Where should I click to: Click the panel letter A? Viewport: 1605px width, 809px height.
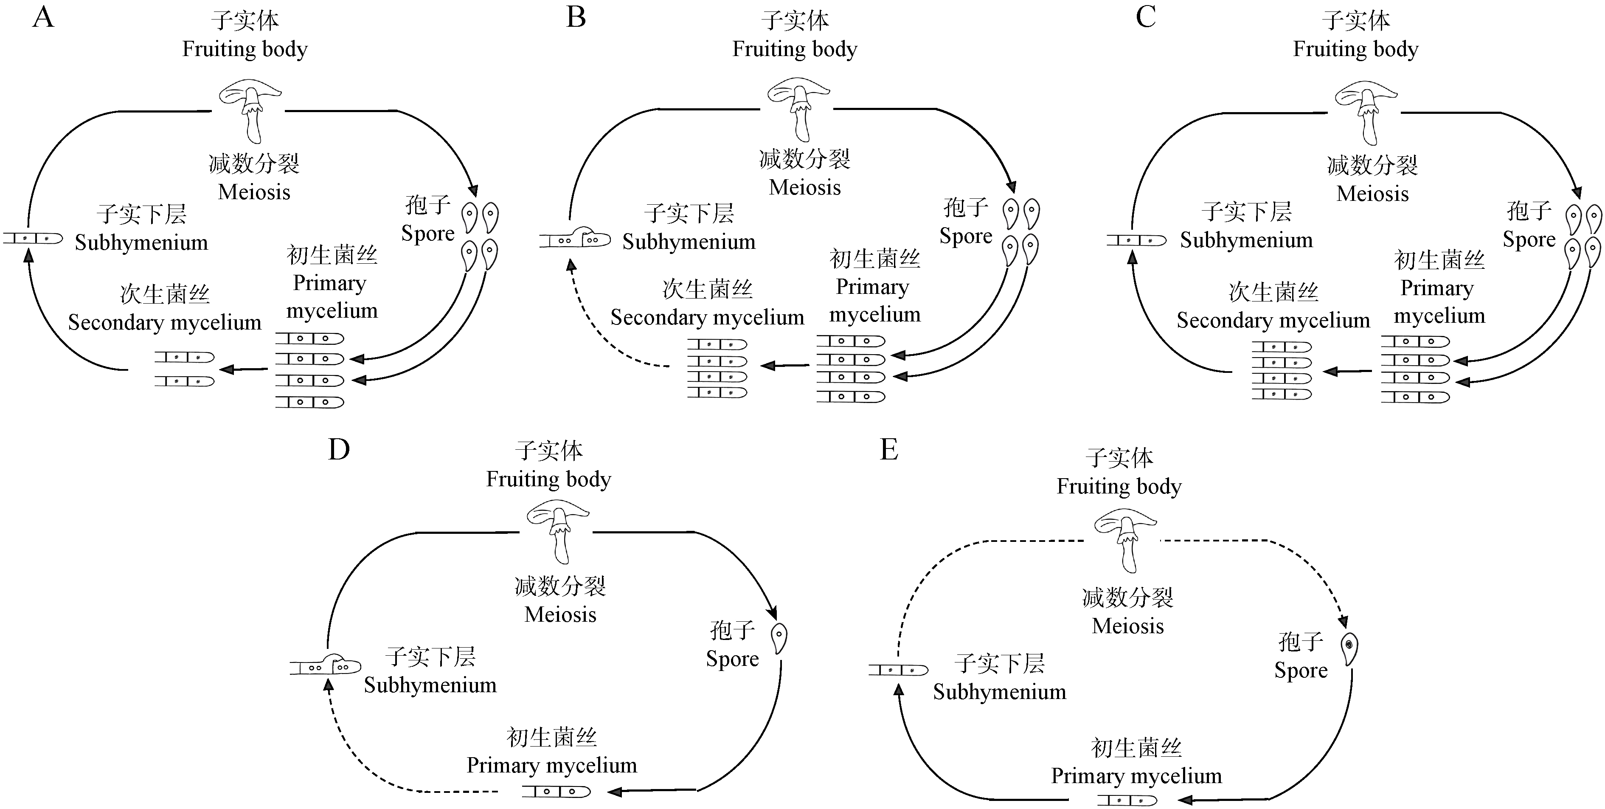(43, 17)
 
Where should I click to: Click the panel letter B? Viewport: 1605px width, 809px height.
(576, 17)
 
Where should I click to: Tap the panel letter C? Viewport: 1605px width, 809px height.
(1145, 17)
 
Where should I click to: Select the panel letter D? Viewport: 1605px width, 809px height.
(339, 449)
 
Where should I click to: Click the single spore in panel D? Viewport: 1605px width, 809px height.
(779, 638)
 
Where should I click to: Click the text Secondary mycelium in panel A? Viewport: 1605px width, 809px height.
(164, 322)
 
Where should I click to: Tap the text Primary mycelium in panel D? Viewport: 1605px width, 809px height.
(551, 765)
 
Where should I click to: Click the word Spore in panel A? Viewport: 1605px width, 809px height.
(427, 234)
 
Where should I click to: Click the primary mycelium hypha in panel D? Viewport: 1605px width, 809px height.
(556, 792)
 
